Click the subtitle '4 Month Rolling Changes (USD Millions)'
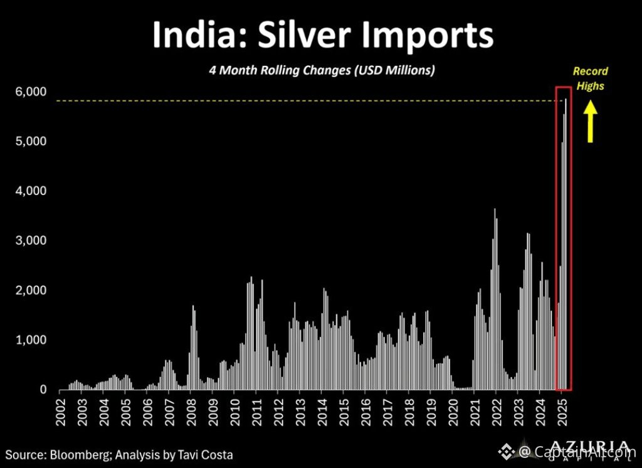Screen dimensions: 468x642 click(x=322, y=70)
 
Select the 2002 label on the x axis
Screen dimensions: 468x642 click(x=61, y=412)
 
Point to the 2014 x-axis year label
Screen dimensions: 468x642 click(x=322, y=412)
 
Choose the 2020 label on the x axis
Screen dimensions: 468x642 click(x=452, y=412)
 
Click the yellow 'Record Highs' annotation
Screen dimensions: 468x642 click(x=591, y=78)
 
